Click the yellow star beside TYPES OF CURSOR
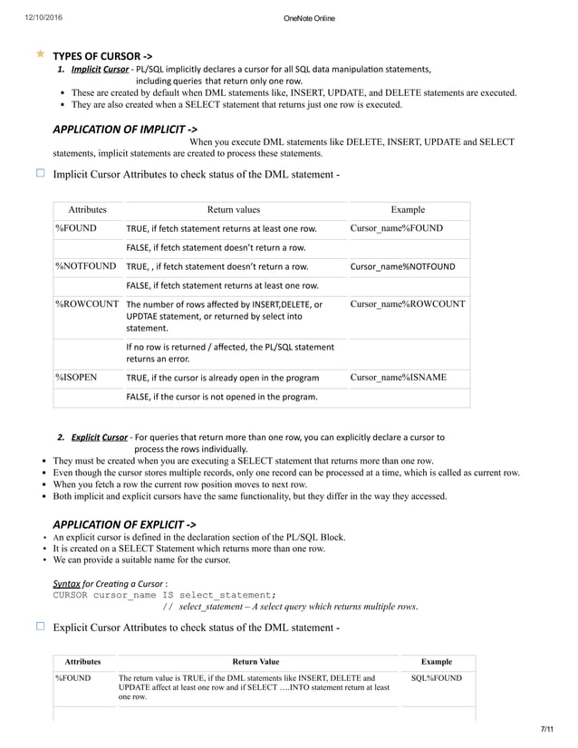[x=40, y=54]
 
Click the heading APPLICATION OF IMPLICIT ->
[x=125, y=129]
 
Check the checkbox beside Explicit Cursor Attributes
[x=40, y=626]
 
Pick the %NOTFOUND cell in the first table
[x=86, y=266]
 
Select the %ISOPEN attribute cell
[x=76, y=376]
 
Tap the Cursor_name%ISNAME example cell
[x=398, y=376]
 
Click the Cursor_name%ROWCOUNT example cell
[x=407, y=304]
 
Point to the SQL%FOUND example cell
[x=436, y=677]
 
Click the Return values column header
[x=233, y=209]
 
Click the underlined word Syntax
[x=67, y=582]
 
